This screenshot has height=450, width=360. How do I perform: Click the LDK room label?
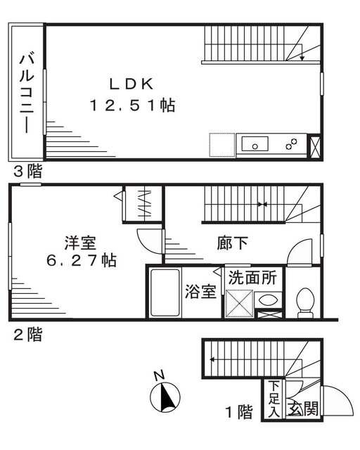pyautogui.click(x=131, y=84)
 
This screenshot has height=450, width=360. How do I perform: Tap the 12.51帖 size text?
pyautogui.click(x=132, y=105)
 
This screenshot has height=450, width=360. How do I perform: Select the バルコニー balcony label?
pyautogui.click(x=27, y=92)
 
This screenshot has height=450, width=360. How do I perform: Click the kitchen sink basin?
pyautogui.click(x=255, y=143)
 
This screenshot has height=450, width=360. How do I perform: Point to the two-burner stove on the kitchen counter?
pyautogui.click(x=291, y=144)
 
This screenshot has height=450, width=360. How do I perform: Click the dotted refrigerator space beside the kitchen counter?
pyautogui.click(x=222, y=145)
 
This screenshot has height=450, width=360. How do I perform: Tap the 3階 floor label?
pyautogui.click(x=28, y=171)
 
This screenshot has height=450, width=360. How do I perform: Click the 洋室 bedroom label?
pyautogui.click(x=80, y=243)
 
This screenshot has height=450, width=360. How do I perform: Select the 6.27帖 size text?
pyautogui.click(x=82, y=261)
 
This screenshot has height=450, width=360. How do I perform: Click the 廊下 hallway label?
pyautogui.click(x=232, y=243)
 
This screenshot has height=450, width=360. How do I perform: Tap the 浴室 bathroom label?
pyautogui.click(x=200, y=292)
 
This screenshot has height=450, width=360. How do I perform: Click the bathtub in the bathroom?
pyautogui.click(x=165, y=292)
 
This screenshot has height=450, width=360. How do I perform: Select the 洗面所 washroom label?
pyautogui.click(x=252, y=278)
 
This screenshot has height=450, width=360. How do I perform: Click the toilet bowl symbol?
pyautogui.click(x=305, y=303)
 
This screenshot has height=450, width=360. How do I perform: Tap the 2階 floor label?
pyautogui.click(x=28, y=335)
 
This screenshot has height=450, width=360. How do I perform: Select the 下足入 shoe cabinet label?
pyautogui.click(x=274, y=399)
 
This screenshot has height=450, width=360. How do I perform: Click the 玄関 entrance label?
pyautogui.click(x=303, y=409)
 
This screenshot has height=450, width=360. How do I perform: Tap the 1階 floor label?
pyautogui.click(x=239, y=412)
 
